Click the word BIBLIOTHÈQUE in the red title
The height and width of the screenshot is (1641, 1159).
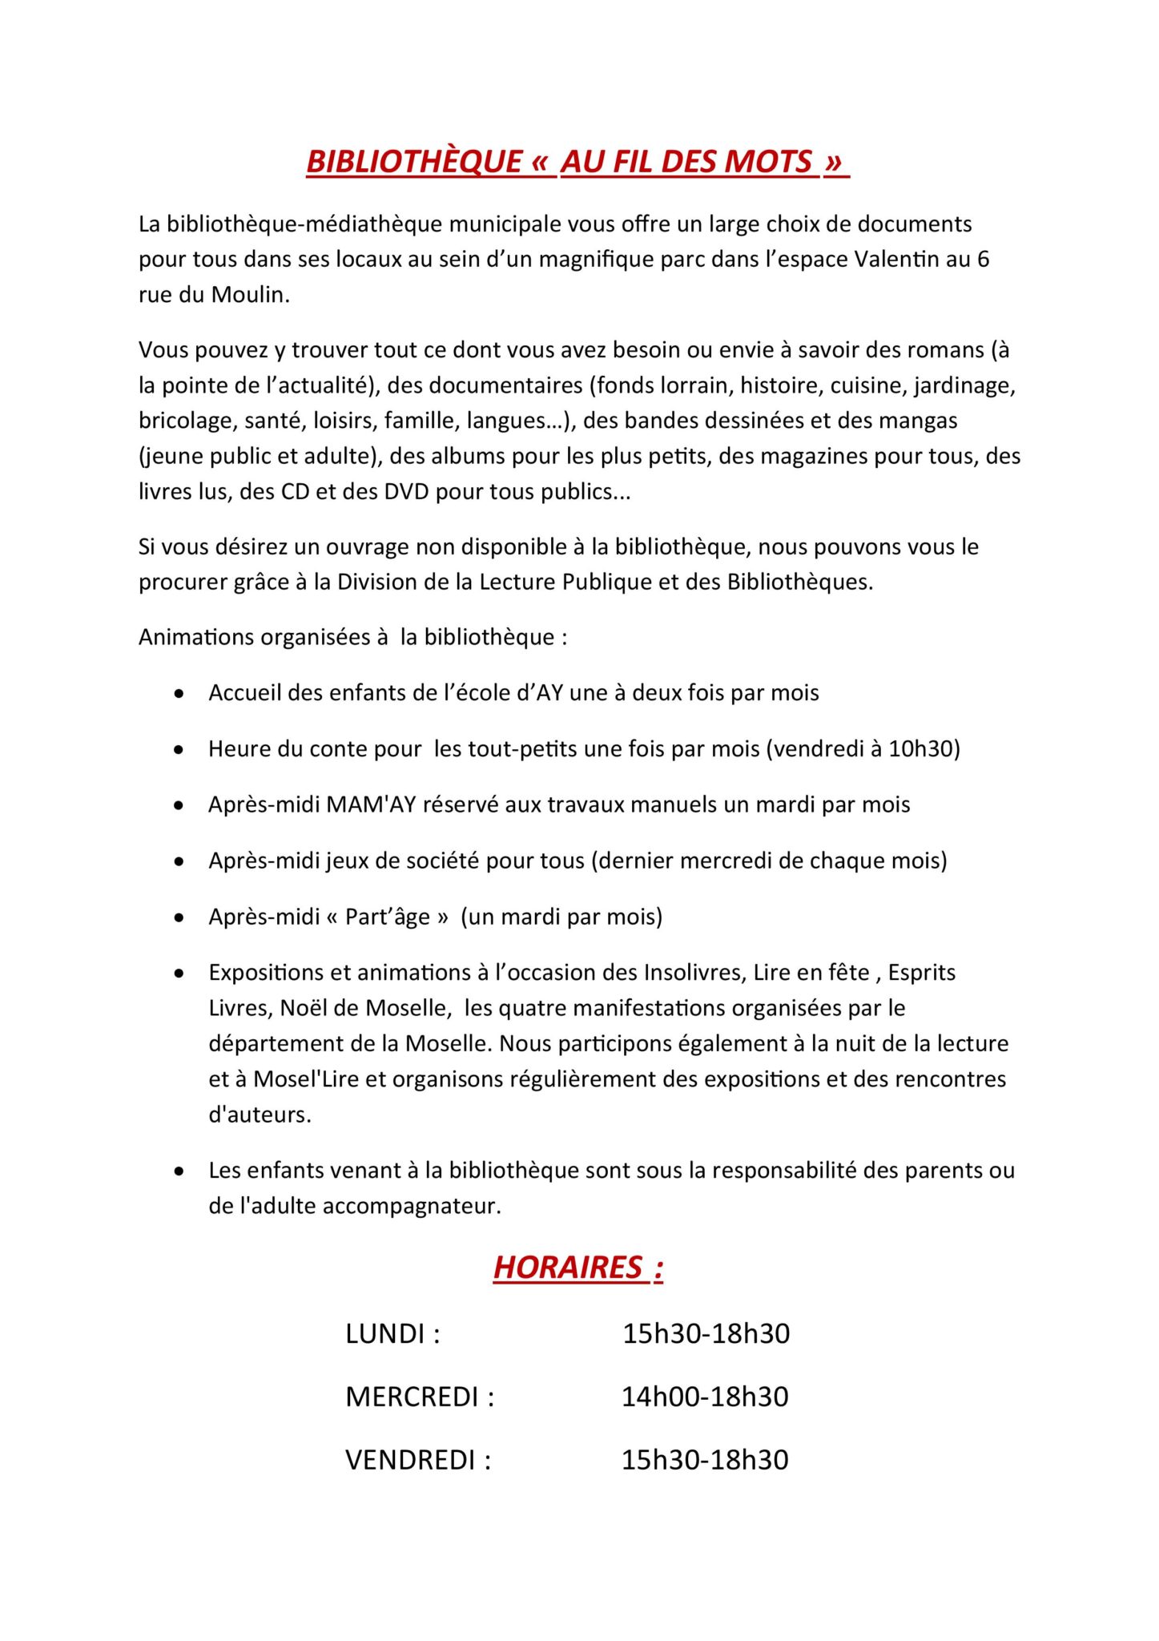[414, 162]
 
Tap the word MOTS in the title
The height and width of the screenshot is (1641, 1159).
[768, 162]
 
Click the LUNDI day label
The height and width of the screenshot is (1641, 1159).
[385, 1334]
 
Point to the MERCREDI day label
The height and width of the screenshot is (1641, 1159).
[412, 1397]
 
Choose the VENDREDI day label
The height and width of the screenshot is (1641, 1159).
[410, 1460]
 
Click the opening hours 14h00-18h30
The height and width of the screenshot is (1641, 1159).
[705, 1397]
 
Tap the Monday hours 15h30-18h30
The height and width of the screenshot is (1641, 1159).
[706, 1334]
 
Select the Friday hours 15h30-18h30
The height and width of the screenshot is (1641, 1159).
[705, 1460]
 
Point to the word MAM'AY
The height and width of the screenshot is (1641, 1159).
[371, 804]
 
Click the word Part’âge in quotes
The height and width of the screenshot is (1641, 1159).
[388, 917]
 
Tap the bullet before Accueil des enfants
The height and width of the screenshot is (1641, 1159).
[179, 693]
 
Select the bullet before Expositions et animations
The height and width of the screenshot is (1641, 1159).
[179, 974]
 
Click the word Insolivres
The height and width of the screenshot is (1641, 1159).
[694, 973]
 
